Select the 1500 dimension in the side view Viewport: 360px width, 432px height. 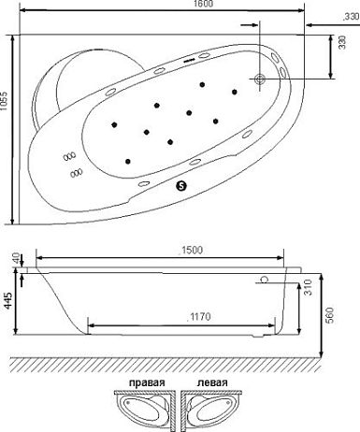pos(191,251)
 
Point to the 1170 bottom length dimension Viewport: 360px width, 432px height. pos(199,317)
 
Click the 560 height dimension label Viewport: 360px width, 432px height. pos(330,315)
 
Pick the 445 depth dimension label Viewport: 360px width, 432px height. pos(8,300)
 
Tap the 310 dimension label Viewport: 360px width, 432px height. pos(308,288)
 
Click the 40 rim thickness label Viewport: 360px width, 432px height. pos(18,258)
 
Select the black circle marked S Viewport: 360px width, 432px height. pos(181,186)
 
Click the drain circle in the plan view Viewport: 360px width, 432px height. pos(260,79)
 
